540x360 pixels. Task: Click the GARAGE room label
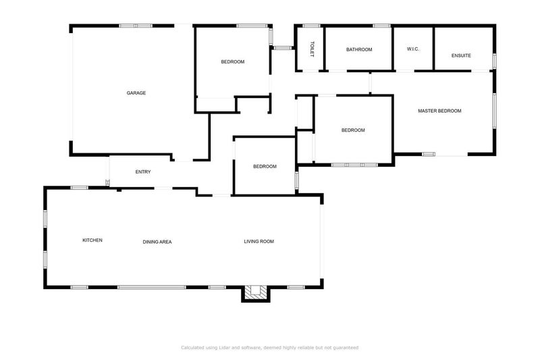[136, 93]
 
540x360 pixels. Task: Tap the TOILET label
[312, 49]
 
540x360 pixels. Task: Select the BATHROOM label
[359, 49]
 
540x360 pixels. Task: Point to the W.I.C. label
[413, 49]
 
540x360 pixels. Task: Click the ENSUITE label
[462, 55]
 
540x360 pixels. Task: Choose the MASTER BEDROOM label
[439, 111]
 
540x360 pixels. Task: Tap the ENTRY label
[143, 172]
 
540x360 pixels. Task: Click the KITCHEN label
[92, 240]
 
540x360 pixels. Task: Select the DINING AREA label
[157, 241]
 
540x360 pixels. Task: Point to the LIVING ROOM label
[259, 241]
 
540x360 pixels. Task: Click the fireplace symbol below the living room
[255, 292]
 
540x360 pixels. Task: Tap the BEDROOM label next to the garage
[233, 62]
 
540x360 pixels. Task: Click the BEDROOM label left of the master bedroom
[353, 130]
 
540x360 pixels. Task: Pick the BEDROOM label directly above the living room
[265, 167]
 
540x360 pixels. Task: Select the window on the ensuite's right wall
[494, 61]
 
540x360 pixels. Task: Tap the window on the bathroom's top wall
[382, 26]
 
